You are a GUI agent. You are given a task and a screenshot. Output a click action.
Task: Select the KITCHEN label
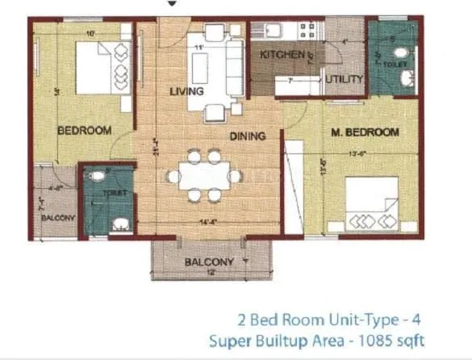[x=282, y=56]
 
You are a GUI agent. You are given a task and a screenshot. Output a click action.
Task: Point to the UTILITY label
[x=344, y=78]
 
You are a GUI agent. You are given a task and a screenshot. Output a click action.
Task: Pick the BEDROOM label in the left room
[x=84, y=129]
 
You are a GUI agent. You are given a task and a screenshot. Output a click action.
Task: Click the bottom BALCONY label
[x=209, y=262]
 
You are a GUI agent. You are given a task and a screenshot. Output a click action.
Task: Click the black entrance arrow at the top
[x=170, y=4]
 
